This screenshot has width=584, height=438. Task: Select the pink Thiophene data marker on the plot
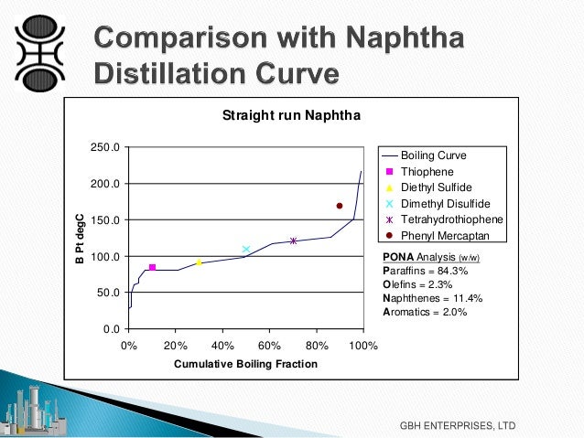pyautogui.click(x=152, y=267)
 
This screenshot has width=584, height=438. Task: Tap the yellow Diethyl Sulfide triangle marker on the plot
pyautogui.click(x=199, y=262)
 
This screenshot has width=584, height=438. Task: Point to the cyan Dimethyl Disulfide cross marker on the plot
pyautogui.click(x=246, y=249)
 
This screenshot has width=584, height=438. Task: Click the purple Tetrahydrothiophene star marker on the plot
pyautogui.click(x=293, y=240)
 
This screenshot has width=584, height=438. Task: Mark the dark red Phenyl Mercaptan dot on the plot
pyautogui.click(x=340, y=206)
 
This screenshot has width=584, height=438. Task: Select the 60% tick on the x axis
pyautogui.click(x=269, y=347)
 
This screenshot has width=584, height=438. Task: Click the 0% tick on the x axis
pyautogui.click(x=129, y=347)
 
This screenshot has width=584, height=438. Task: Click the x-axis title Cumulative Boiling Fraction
pyautogui.click(x=245, y=364)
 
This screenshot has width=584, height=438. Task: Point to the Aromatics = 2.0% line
pyautogui.click(x=425, y=312)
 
